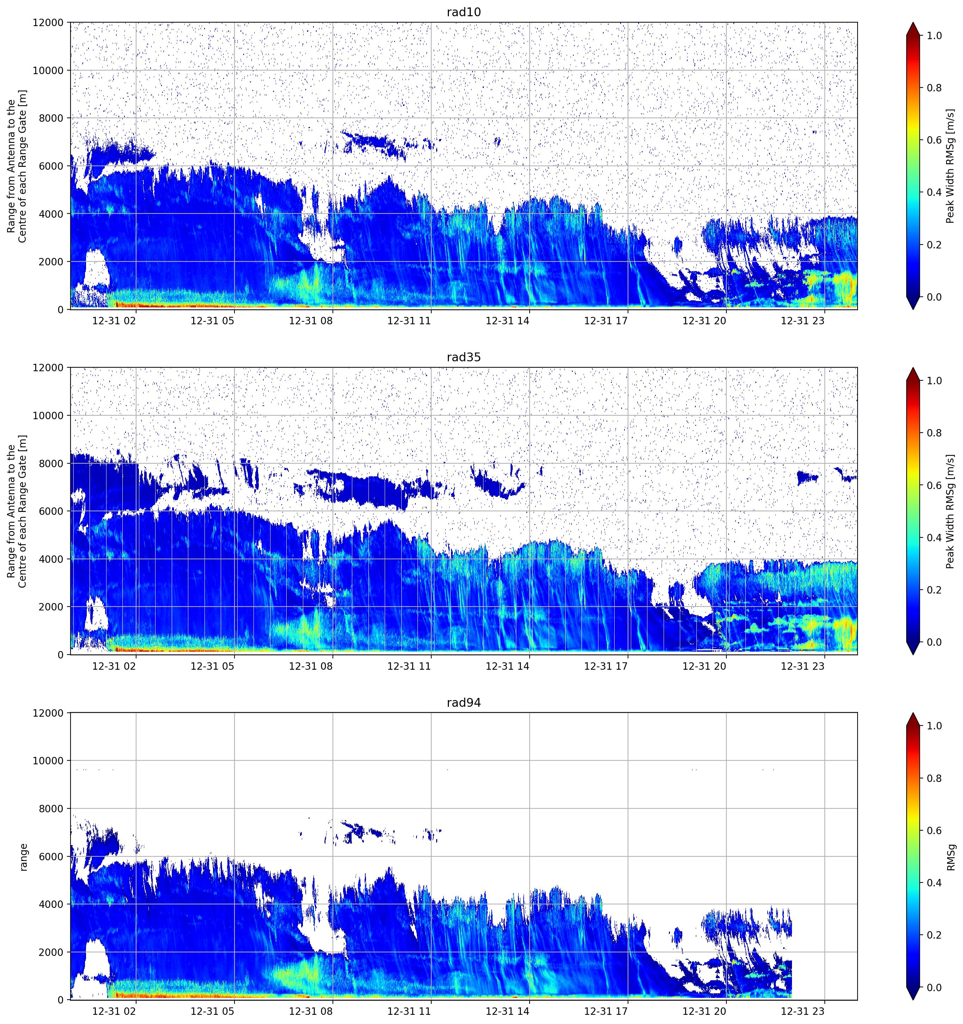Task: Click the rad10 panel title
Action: (464, 12)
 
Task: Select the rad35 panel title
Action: (464, 357)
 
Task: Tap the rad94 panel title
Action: (464, 703)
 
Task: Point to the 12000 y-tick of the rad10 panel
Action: (48, 23)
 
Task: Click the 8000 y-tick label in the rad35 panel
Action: (51, 464)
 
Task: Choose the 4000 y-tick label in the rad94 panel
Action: (51, 904)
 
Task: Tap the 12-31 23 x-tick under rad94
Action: (803, 1012)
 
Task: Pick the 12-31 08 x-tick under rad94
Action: (311, 1012)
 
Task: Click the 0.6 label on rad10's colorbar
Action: (934, 140)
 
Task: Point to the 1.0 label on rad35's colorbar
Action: (934, 381)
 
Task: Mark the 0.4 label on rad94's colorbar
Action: (934, 883)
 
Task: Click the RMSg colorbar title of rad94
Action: (951, 857)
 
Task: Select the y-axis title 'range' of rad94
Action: (23, 857)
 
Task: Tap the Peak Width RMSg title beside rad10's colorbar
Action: (951, 166)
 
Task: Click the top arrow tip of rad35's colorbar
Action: (913, 368)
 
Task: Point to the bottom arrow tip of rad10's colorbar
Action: (913, 309)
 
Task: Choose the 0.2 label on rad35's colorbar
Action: (934, 590)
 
